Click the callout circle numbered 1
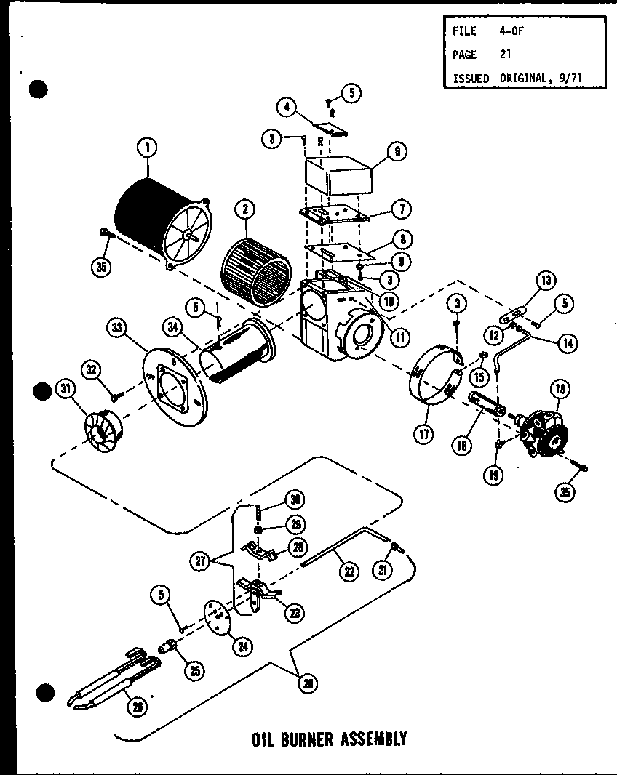point(147,148)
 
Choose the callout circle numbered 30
point(295,499)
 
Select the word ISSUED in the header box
point(470,78)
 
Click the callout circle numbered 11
point(399,337)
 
